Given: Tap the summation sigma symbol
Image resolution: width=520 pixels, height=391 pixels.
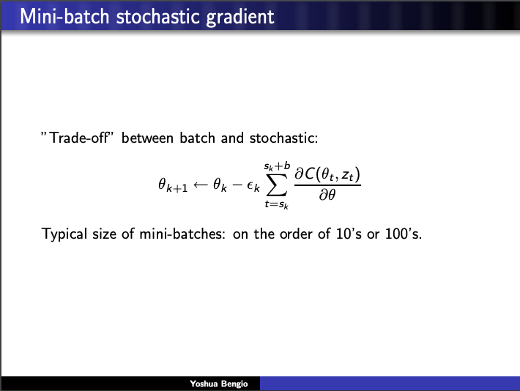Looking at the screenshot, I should pyautogui.click(x=276, y=185).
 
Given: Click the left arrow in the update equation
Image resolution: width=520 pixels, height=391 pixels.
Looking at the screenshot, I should pyautogui.click(x=200, y=186).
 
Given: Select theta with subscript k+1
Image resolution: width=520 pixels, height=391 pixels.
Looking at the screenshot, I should pyautogui.click(x=173, y=187).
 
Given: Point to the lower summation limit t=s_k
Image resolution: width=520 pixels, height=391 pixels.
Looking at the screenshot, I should pyautogui.click(x=276, y=206).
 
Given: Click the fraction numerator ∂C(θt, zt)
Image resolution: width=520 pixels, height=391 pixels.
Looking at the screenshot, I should pyautogui.click(x=327, y=176).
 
